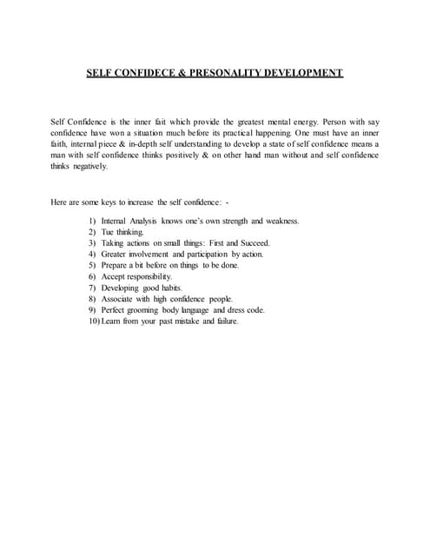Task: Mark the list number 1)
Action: coord(92,221)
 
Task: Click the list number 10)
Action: coord(94,321)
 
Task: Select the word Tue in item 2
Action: coord(109,232)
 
